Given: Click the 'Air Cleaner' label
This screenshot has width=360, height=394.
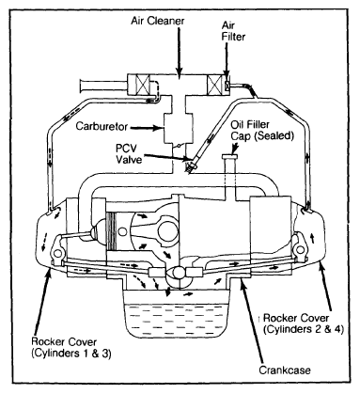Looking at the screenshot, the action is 158,21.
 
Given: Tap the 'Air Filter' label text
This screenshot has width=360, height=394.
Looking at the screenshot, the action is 233,31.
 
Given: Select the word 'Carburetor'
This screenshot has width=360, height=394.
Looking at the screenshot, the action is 102,126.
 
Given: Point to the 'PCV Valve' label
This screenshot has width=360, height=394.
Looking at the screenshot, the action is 129,153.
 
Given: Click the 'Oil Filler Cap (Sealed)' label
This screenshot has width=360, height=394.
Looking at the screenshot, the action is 262,131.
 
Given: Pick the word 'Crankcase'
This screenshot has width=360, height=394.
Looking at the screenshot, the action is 285,370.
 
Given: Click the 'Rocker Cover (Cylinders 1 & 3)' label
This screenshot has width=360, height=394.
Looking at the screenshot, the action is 71,347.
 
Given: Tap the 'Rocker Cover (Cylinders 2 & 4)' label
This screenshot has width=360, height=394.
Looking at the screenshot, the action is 304,323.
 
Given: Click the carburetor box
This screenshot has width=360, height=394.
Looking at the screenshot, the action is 179,128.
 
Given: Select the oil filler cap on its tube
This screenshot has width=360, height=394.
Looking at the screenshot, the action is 229,156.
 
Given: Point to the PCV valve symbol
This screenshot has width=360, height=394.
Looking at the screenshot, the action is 191,165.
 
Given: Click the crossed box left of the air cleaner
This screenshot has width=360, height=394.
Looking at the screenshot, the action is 139,86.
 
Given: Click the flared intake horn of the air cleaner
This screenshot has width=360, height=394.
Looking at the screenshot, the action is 85,86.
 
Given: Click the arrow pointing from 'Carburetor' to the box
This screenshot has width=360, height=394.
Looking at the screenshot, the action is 147,128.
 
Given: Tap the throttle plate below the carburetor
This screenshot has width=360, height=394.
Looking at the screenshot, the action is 179,146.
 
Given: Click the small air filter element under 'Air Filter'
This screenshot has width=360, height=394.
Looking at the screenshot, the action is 227,85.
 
